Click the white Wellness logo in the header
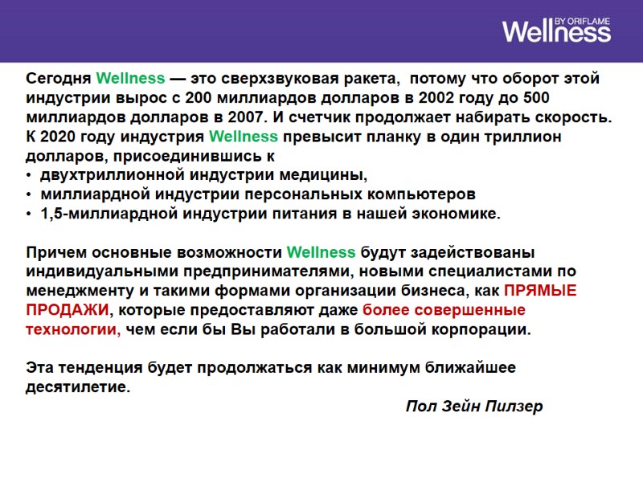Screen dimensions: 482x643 [556, 32]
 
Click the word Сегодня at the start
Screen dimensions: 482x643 [59, 79]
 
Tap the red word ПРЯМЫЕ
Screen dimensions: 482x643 [540, 291]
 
